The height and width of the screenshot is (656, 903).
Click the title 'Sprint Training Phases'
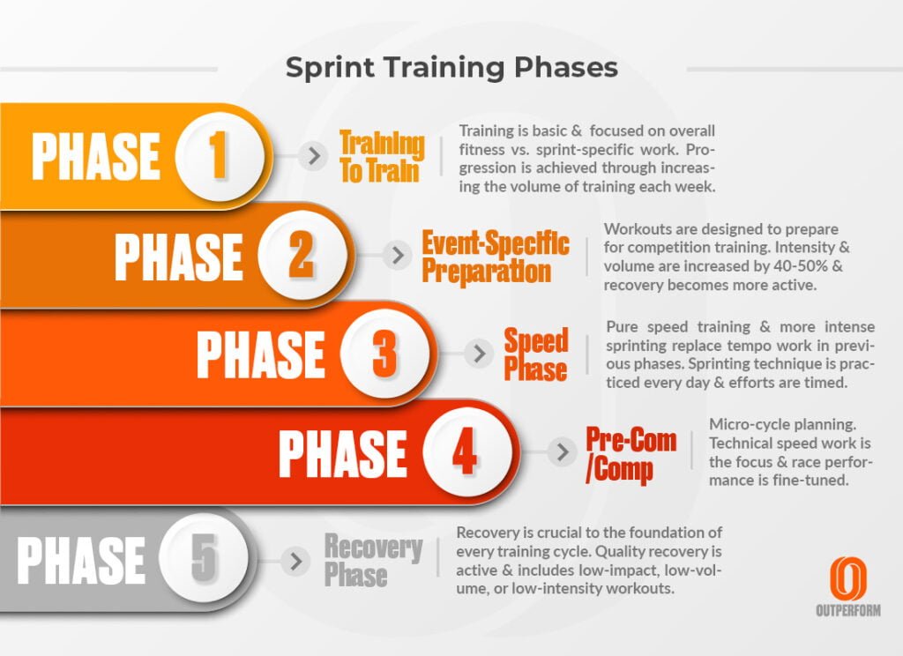[x=451, y=68]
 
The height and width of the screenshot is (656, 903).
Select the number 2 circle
[x=300, y=255]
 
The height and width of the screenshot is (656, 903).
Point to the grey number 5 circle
[x=204, y=558]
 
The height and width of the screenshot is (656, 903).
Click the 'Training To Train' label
[x=382, y=157]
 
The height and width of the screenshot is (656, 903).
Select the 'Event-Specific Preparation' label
[x=495, y=256]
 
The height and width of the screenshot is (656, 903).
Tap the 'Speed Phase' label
[x=535, y=354]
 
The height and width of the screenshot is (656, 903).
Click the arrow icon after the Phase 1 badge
[x=312, y=157]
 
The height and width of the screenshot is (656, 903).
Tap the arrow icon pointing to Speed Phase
[x=480, y=354]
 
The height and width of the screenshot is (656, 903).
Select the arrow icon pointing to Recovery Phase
[x=297, y=559]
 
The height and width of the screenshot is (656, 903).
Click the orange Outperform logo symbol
[x=847, y=578]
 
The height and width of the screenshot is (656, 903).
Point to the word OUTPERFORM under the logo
[x=847, y=610]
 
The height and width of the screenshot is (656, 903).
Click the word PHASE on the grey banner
[x=81, y=559]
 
